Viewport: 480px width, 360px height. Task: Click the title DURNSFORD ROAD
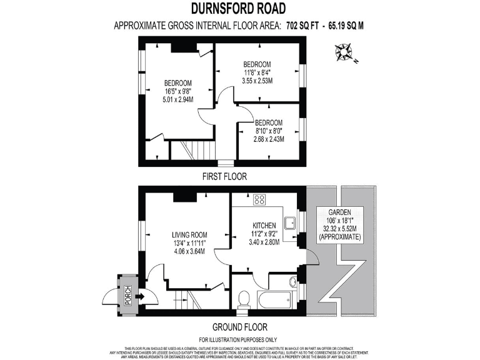(240, 8)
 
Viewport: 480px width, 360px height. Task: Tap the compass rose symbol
(344, 52)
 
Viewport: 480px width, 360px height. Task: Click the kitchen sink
(289, 224)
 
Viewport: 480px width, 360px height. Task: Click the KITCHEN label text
(264, 224)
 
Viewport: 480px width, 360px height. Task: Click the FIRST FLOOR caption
(224, 177)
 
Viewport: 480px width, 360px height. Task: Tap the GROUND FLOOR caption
(239, 327)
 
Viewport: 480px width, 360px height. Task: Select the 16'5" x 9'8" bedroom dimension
(177, 91)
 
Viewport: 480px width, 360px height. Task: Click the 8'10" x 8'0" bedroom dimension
(269, 131)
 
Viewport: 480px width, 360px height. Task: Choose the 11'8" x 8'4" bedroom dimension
(257, 72)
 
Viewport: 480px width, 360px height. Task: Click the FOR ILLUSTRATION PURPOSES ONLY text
(239, 339)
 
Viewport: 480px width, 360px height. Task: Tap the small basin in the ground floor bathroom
(293, 282)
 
